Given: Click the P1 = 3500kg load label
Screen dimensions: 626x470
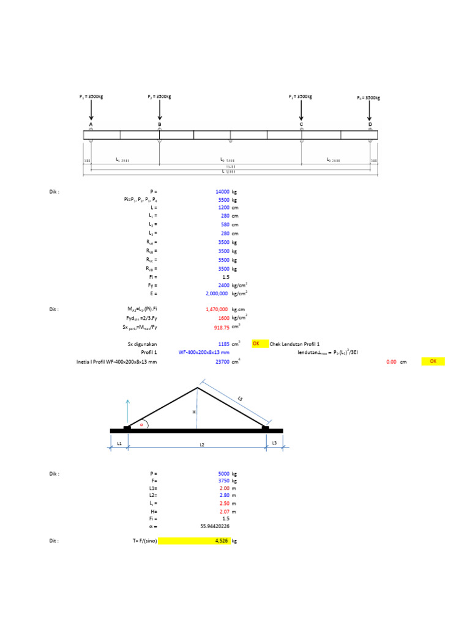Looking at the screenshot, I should click(91, 97).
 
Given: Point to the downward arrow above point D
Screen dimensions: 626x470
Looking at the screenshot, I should click(369, 111).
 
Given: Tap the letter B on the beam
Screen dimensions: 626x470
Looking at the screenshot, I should click(160, 125).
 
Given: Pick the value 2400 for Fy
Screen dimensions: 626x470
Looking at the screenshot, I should click(223, 285).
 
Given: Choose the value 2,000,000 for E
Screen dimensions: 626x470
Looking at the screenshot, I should click(217, 294).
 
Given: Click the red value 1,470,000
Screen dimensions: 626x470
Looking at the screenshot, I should click(217, 310).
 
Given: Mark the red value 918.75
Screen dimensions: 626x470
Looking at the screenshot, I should click(221, 327).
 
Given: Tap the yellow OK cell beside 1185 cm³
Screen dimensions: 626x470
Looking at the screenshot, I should click(259, 344).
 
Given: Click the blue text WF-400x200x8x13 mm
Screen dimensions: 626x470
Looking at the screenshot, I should click(204, 353).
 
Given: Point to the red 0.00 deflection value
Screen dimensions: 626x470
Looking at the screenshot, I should click(392, 362).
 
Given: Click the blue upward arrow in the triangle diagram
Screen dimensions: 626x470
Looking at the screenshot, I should click(127, 411).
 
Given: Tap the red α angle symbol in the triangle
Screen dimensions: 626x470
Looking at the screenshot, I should click(141, 423).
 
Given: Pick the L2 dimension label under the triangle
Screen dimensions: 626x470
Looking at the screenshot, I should click(202, 445).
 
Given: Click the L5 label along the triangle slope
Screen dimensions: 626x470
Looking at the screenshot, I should click(240, 399).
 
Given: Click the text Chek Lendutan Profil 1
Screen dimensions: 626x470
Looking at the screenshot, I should click(295, 344).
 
